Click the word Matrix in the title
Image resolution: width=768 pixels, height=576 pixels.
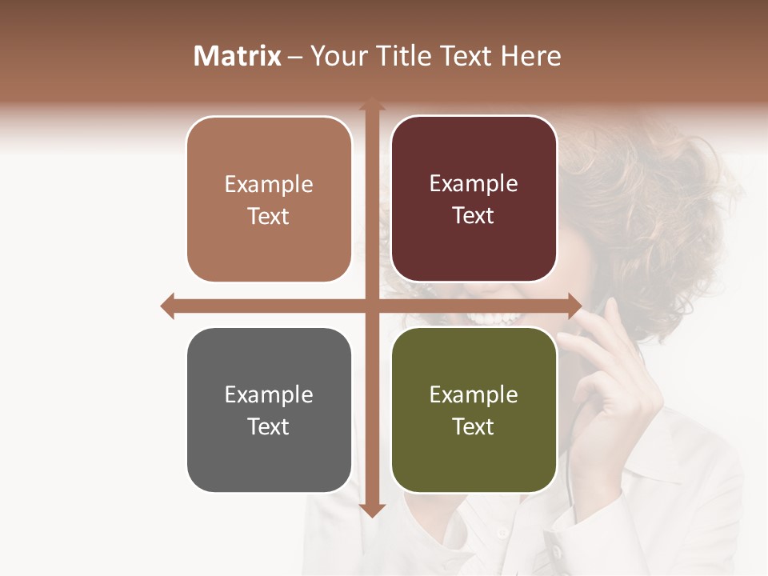pos(238,56)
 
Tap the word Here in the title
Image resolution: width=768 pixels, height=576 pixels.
pos(530,56)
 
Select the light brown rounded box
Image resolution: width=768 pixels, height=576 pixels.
pos(269,200)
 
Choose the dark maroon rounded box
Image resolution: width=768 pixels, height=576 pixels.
pos(474,200)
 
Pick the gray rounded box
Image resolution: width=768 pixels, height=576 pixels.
pos(269,410)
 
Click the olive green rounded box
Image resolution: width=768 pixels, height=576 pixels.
pos(474,410)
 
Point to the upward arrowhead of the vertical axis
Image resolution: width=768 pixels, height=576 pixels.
pos(371,106)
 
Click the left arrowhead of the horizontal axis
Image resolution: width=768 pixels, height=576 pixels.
pos(167,306)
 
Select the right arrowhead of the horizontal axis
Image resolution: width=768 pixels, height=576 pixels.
pos(574,306)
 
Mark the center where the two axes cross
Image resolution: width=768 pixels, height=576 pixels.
pos(371,306)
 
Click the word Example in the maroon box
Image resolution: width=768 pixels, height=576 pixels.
pos(474,184)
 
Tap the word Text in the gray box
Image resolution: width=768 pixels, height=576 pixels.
pos(269,426)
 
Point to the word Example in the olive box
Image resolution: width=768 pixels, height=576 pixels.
pos(474,394)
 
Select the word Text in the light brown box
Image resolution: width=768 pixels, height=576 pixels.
pos(269,216)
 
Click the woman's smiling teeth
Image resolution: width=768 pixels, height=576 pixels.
pos(496,318)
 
